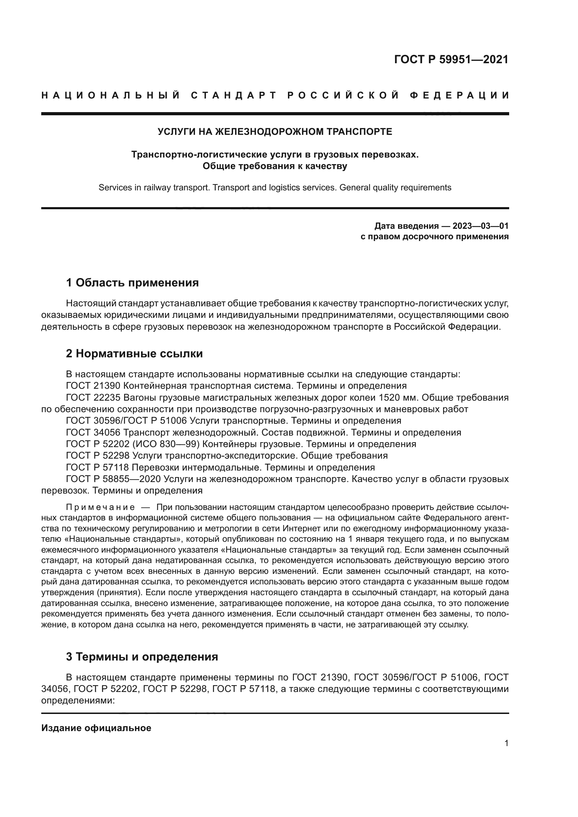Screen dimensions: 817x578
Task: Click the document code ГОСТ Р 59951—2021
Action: pos(451,59)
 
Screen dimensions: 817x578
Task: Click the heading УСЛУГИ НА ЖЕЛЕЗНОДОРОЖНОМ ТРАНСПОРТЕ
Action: pos(275,132)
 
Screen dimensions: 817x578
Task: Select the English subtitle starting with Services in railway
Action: pos(275,188)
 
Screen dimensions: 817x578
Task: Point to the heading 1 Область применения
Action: pos(132,283)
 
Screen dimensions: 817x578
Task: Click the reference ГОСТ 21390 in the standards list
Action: pos(93,386)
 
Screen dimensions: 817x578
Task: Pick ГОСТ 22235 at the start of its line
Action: pos(93,397)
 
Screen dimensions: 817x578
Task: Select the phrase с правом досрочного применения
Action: pos(434,236)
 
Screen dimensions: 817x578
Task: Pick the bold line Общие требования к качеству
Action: pos(275,166)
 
